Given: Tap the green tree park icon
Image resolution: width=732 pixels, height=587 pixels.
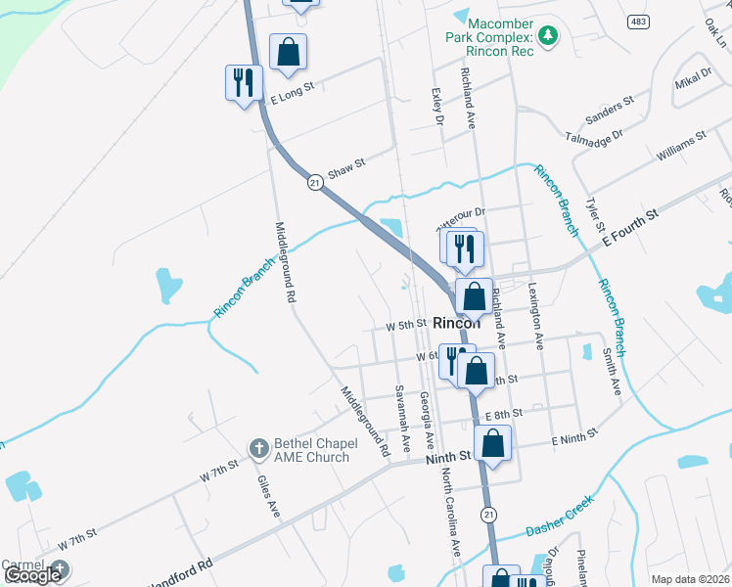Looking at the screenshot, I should coord(549,35).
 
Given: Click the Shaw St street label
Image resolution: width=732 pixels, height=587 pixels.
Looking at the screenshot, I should coord(345,168).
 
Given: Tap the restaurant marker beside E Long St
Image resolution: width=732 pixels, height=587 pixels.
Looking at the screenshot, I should coord(243,82).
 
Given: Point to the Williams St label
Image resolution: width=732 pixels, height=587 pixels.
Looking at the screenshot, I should coord(681,148).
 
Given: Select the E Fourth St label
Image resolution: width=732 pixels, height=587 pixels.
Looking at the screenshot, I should coord(631,224).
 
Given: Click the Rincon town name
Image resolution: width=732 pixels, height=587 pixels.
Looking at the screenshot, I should coord(456,323).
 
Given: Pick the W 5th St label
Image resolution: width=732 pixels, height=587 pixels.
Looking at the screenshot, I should coord(407,324).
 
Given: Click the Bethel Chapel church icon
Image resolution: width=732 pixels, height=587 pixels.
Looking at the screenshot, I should coord(259,449).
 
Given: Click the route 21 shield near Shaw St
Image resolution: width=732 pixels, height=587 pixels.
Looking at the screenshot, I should coord(315,182).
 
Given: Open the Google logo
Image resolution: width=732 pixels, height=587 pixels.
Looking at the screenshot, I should coord(32,575).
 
